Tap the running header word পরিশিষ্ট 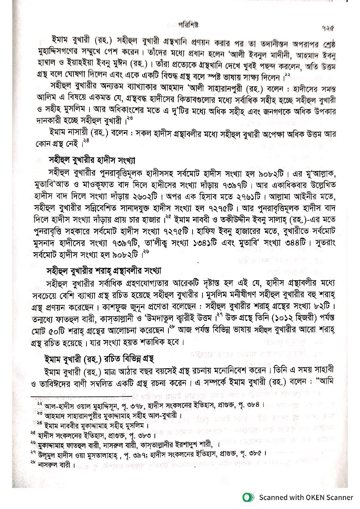(x=188, y=24)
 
